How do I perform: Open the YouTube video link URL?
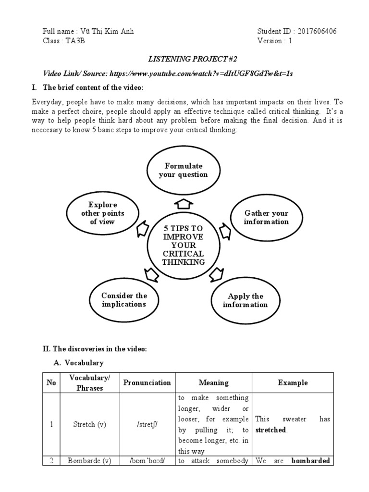(x=201, y=73)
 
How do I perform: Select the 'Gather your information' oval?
(x=266, y=217)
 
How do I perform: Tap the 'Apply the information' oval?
(x=246, y=300)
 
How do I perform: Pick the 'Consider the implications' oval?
(x=123, y=300)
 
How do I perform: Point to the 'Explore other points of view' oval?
(x=102, y=213)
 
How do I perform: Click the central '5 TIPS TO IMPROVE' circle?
(x=183, y=245)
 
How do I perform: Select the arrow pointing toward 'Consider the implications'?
(x=150, y=275)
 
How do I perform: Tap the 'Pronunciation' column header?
(x=147, y=383)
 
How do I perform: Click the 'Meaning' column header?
(x=214, y=383)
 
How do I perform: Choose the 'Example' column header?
(x=293, y=383)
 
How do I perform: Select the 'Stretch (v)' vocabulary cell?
(x=89, y=424)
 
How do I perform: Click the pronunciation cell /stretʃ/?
(x=147, y=424)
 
